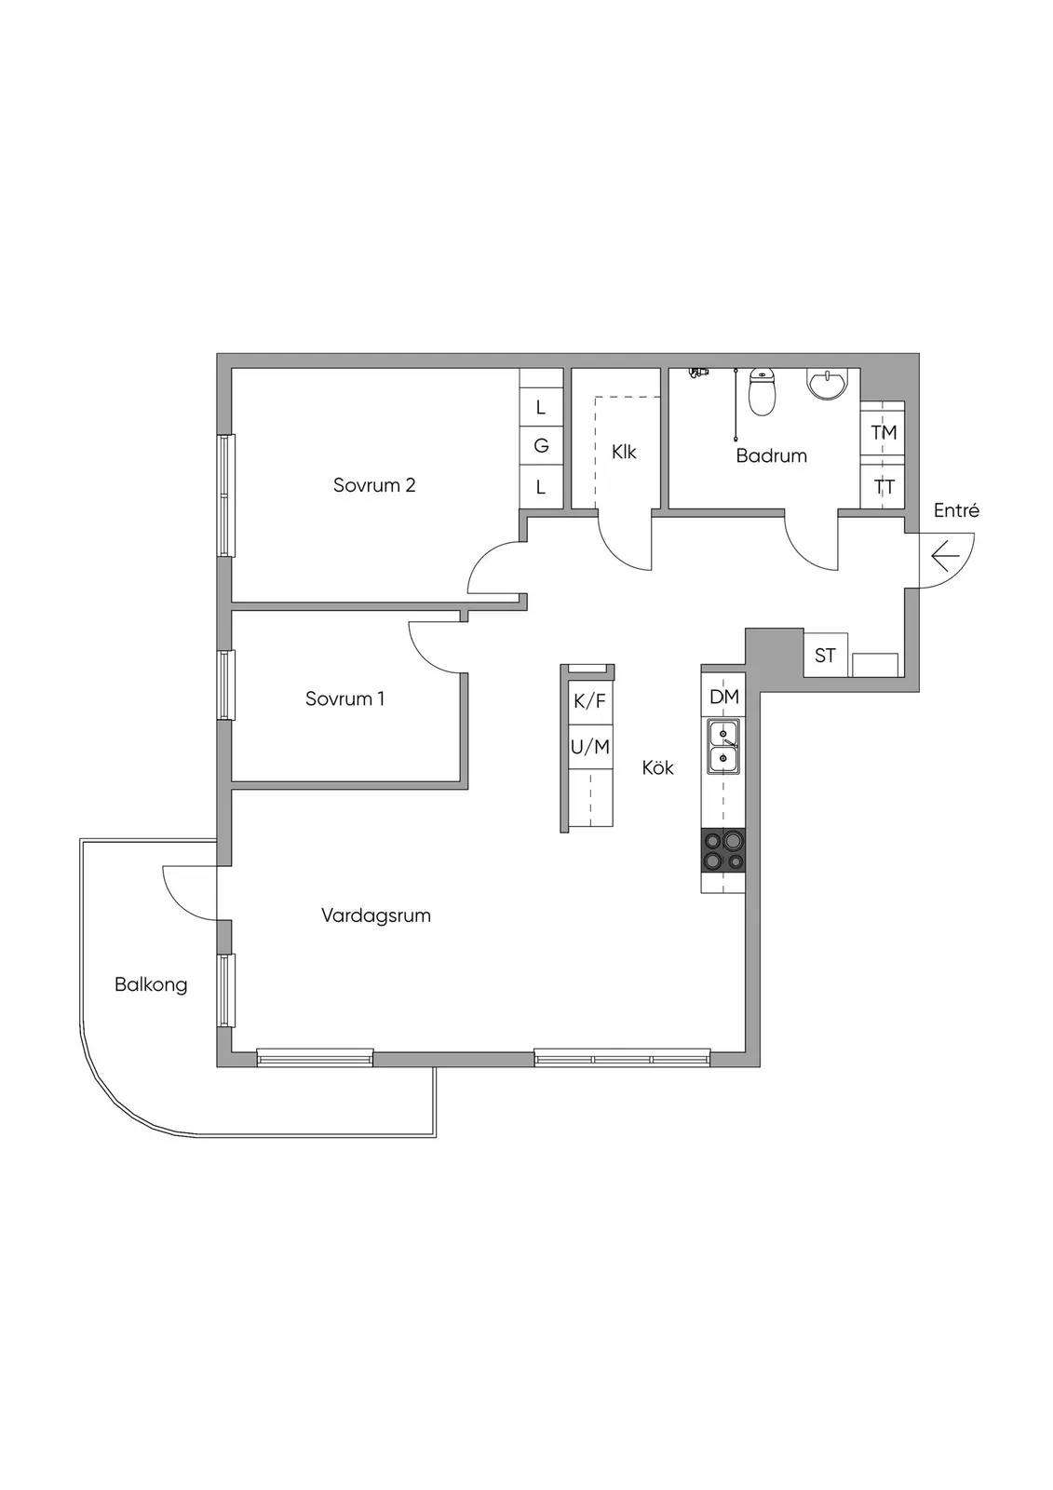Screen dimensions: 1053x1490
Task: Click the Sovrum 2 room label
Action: (x=374, y=485)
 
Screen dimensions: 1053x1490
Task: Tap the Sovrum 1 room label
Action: (x=344, y=698)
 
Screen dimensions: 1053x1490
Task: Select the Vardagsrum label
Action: (x=376, y=916)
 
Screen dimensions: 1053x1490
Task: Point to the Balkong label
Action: (x=150, y=984)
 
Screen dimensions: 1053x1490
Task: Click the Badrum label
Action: (x=771, y=455)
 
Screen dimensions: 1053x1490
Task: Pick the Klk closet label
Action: (x=624, y=453)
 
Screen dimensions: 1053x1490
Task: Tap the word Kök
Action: (x=658, y=767)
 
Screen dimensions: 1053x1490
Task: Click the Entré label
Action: (x=956, y=511)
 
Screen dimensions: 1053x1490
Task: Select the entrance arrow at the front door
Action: (x=945, y=558)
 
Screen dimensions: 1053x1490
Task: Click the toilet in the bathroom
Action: (x=763, y=392)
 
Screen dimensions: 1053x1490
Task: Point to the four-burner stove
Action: (x=723, y=850)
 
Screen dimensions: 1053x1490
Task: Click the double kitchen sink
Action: (x=723, y=746)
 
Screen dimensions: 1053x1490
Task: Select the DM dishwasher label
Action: (x=723, y=697)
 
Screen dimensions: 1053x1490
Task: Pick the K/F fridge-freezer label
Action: (x=590, y=700)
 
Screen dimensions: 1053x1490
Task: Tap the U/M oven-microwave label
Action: (x=590, y=747)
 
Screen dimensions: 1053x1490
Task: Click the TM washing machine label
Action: (x=884, y=432)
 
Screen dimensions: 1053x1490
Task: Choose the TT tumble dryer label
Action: (x=884, y=487)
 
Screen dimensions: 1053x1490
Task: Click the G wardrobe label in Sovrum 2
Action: (x=541, y=446)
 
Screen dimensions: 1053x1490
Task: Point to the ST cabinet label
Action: (x=825, y=656)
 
